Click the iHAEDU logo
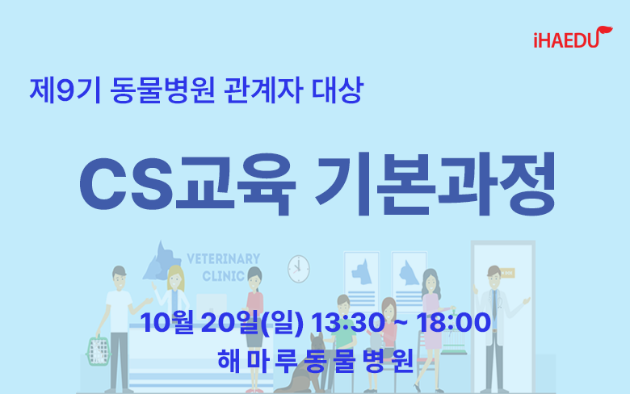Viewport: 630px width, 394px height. point(573,37)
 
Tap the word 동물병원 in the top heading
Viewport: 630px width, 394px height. point(162,90)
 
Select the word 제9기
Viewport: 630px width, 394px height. point(65,90)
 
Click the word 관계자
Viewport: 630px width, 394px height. point(262,90)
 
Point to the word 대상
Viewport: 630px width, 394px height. point(338,90)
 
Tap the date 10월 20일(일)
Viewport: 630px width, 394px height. point(222,322)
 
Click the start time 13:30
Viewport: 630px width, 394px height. point(347,322)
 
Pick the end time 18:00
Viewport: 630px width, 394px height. point(453,322)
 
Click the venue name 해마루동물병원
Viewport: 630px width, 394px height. point(315,360)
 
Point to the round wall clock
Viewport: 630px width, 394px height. point(299,269)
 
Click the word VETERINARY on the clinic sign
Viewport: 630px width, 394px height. point(224,258)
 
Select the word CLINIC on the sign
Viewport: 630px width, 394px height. point(224,276)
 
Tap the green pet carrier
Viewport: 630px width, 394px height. point(98,350)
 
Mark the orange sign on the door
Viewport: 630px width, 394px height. point(506,273)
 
